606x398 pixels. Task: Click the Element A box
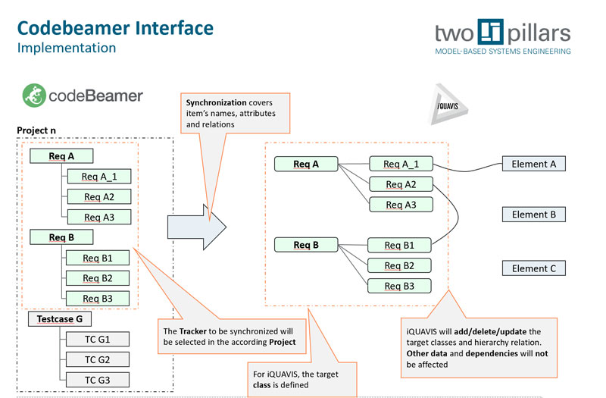(x=533, y=164)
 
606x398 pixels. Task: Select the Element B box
(x=533, y=215)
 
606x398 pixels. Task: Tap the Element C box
(x=533, y=268)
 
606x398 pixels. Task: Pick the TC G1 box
(x=97, y=339)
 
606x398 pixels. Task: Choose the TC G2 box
(x=97, y=359)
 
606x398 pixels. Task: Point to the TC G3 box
(x=97, y=379)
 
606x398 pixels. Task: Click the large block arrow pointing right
(x=196, y=226)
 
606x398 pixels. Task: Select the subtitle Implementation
(x=66, y=48)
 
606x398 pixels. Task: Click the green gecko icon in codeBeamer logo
(x=33, y=96)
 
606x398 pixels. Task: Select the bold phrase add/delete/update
(x=492, y=331)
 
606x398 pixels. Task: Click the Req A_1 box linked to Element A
(x=401, y=164)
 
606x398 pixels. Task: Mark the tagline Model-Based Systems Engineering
(x=502, y=52)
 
